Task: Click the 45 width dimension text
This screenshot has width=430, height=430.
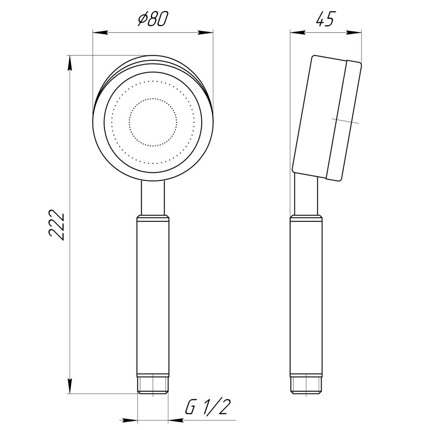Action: click(325, 19)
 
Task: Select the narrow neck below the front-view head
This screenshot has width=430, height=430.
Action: click(153, 198)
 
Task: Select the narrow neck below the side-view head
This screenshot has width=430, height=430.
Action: click(306, 196)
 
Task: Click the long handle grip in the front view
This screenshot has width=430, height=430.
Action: click(153, 297)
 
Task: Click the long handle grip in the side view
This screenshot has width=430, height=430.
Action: click(306, 297)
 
